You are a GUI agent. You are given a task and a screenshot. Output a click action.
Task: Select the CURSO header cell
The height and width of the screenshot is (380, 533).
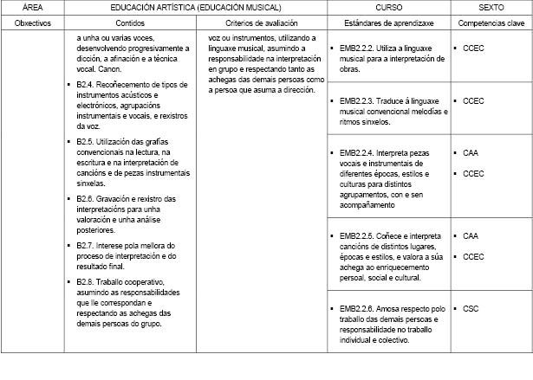389,7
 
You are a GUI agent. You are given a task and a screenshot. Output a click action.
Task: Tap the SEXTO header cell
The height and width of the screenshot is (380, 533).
491,7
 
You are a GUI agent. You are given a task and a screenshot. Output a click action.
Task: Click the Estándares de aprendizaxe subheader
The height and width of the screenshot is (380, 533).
389,21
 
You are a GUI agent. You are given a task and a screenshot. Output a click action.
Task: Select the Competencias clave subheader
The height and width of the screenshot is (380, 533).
491,21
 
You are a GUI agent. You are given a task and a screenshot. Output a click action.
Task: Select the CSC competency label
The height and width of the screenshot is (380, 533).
471,308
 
